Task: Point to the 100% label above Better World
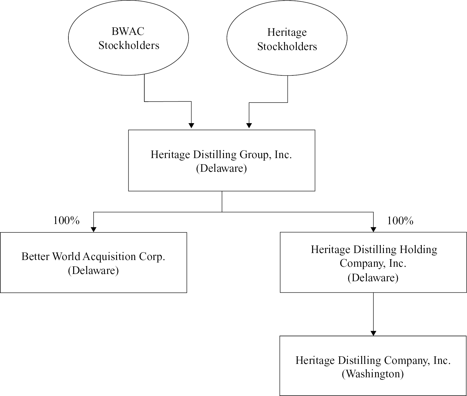[x=66, y=221]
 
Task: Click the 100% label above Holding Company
[x=400, y=221]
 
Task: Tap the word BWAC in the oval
[x=128, y=31]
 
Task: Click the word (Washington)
[x=373, y=374]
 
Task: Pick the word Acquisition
[x=115, y=256]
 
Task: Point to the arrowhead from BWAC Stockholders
[x=191, y=125]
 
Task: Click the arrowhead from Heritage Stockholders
[x=249, y=125]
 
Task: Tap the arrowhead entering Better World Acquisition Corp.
[x=94, y=230]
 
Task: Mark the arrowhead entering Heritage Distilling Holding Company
[x=373, y=230]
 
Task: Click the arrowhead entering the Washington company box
[x=373, y=333]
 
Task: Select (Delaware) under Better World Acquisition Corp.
[x=94, y=270]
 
